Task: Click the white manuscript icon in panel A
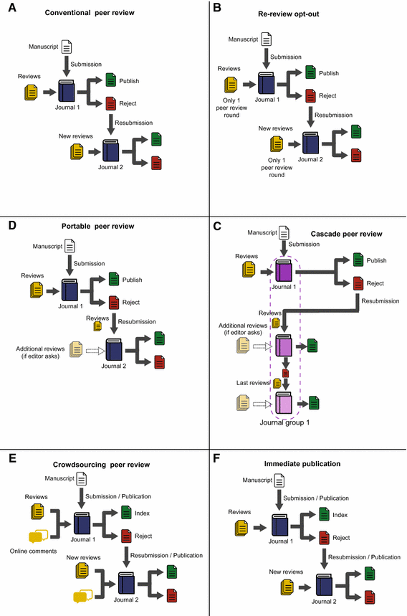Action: (67, 47)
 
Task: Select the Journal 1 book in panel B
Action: (267, 83)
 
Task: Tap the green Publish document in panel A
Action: (111, 80)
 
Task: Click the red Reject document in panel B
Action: (310, 95)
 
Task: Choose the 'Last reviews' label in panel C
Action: (252, 384)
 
